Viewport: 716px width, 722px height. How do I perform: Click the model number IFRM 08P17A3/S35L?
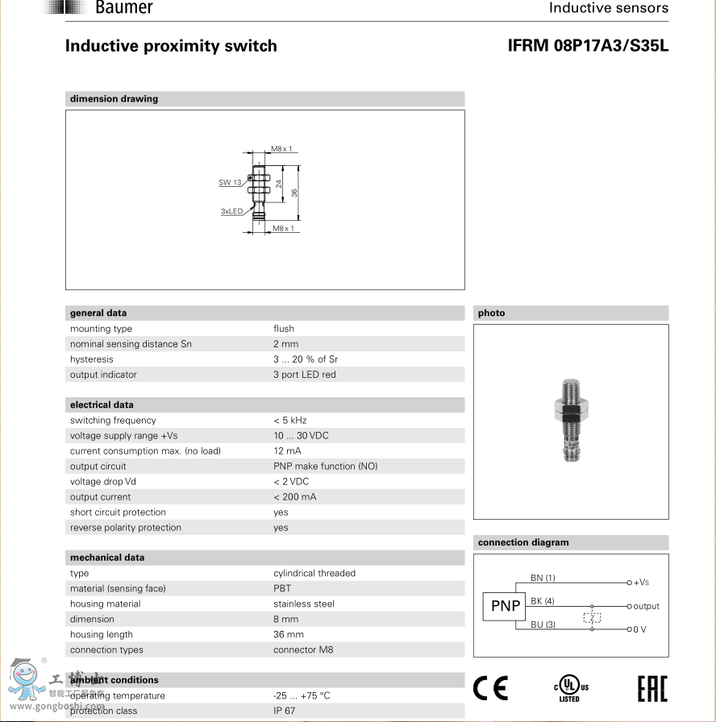tap(588, 46)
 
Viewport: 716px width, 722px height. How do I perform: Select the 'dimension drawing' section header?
tap(114, 99)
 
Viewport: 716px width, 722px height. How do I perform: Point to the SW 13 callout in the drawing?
tap(230, 183)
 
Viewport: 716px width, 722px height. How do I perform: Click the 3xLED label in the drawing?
tap(231, 211)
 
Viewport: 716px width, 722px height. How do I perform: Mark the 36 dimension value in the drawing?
tap(295, 193)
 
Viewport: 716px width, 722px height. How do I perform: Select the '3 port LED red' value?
tap(304, 375)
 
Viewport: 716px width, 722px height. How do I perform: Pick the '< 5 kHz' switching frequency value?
tap(289, 421)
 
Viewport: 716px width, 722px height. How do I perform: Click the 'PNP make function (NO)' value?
tap(325, 467)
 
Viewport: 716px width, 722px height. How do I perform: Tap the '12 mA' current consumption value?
tap(287, 451)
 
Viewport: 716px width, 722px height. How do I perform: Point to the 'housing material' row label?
tap(105, 604)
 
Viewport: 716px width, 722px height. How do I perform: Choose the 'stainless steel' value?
tap(303, 604)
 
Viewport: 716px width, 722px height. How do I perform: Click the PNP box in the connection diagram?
tap(506, 606)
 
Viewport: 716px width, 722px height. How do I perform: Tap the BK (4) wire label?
tap(542, 601)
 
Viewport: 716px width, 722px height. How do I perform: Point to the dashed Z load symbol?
tap(592, 619)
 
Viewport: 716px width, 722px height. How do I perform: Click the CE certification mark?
tap(490, 687)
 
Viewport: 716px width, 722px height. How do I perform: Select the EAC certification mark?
tap(652, 688)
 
